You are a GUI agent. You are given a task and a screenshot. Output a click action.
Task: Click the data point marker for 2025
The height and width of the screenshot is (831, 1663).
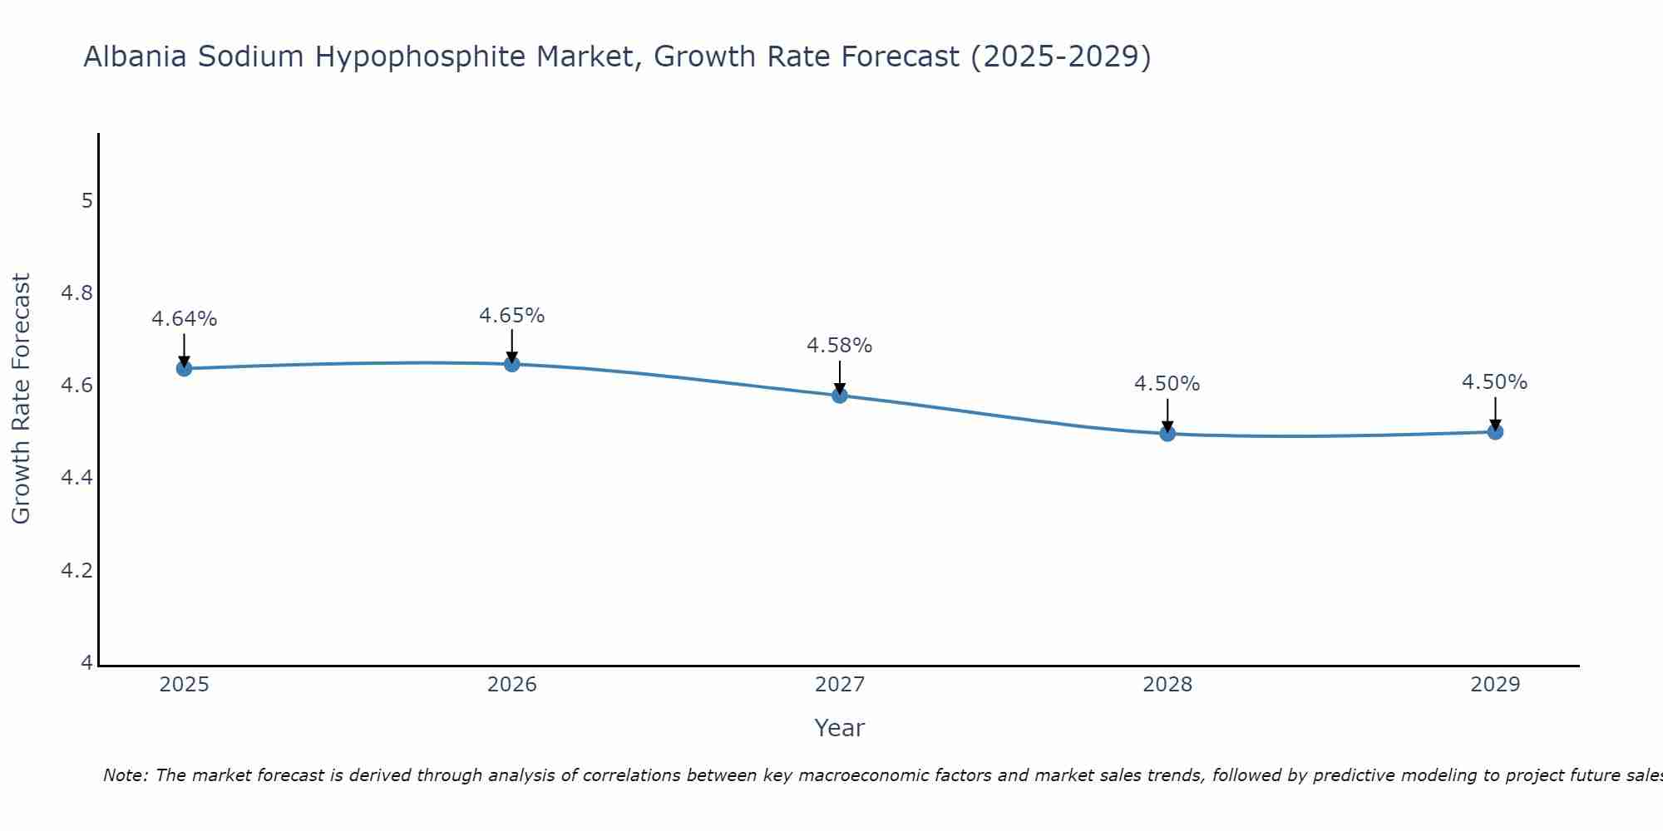tap(184, 368)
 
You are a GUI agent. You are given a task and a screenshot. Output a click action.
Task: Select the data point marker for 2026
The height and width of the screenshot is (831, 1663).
tap(511, 364)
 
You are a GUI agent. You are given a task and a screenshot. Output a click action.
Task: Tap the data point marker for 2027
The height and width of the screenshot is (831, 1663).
tap(839, 396)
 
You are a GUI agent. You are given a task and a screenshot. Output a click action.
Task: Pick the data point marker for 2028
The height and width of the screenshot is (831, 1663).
tap(1167, 433)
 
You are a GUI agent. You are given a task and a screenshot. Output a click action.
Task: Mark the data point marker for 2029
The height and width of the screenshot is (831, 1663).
tap(1494, 431)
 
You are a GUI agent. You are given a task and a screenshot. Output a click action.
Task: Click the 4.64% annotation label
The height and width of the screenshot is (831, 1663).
tap(184, 319)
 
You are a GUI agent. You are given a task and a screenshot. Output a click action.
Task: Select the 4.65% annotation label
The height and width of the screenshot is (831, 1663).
tap(511, 316)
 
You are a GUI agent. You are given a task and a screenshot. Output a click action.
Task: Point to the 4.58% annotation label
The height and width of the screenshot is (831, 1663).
tap(839, 346)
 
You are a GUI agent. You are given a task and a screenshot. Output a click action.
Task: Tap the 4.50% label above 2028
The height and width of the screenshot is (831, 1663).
tap(1167, 384)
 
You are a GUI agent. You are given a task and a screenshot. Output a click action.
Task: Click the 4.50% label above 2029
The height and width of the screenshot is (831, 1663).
tap(1494, 382)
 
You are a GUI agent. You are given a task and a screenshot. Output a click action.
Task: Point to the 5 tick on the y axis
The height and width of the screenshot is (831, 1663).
tap(86, 201)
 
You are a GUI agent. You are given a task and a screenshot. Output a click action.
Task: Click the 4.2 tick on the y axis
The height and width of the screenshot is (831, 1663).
tap(76, 571)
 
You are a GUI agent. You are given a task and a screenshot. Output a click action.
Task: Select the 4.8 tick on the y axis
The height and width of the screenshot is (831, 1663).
tap(76, 293)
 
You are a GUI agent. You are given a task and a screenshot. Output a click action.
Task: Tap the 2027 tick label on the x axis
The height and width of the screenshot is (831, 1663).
tap(839, 685)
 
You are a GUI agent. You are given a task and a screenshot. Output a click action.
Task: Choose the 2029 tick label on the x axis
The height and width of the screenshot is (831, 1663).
tap(1494, 685)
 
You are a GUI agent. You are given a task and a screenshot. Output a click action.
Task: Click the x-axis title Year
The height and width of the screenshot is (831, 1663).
tap(839, 728)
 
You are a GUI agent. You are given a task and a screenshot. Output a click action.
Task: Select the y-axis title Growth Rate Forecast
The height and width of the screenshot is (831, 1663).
tap(21, 398)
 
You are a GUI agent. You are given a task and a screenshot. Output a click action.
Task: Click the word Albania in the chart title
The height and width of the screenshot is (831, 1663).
tap(136, 57)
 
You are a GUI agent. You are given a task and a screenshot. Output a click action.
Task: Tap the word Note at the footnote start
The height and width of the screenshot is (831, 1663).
tap(125, 775)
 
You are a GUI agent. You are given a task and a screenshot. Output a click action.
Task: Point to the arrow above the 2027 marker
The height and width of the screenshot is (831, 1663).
tap(839, 376)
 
